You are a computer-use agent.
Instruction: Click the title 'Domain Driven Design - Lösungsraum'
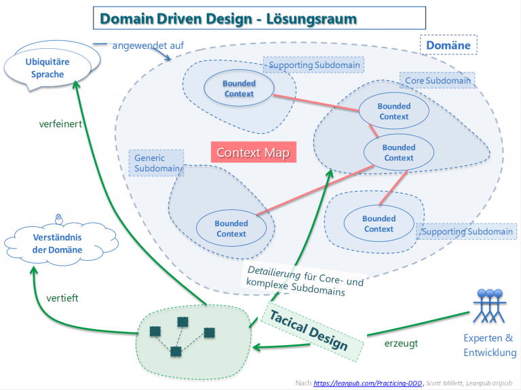[258, 18]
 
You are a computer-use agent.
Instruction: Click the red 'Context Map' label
[253, 152]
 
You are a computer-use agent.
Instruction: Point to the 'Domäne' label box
[448, 46]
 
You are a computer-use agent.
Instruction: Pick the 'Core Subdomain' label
[436, 80]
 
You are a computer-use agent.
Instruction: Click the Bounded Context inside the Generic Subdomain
[231, 228]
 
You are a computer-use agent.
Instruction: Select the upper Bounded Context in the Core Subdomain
[393, 111]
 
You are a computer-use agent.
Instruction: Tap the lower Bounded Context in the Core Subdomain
[398, 153]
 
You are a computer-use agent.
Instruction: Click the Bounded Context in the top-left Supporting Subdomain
[239, 89]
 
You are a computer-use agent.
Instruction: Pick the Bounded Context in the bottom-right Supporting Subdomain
[379, 224]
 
